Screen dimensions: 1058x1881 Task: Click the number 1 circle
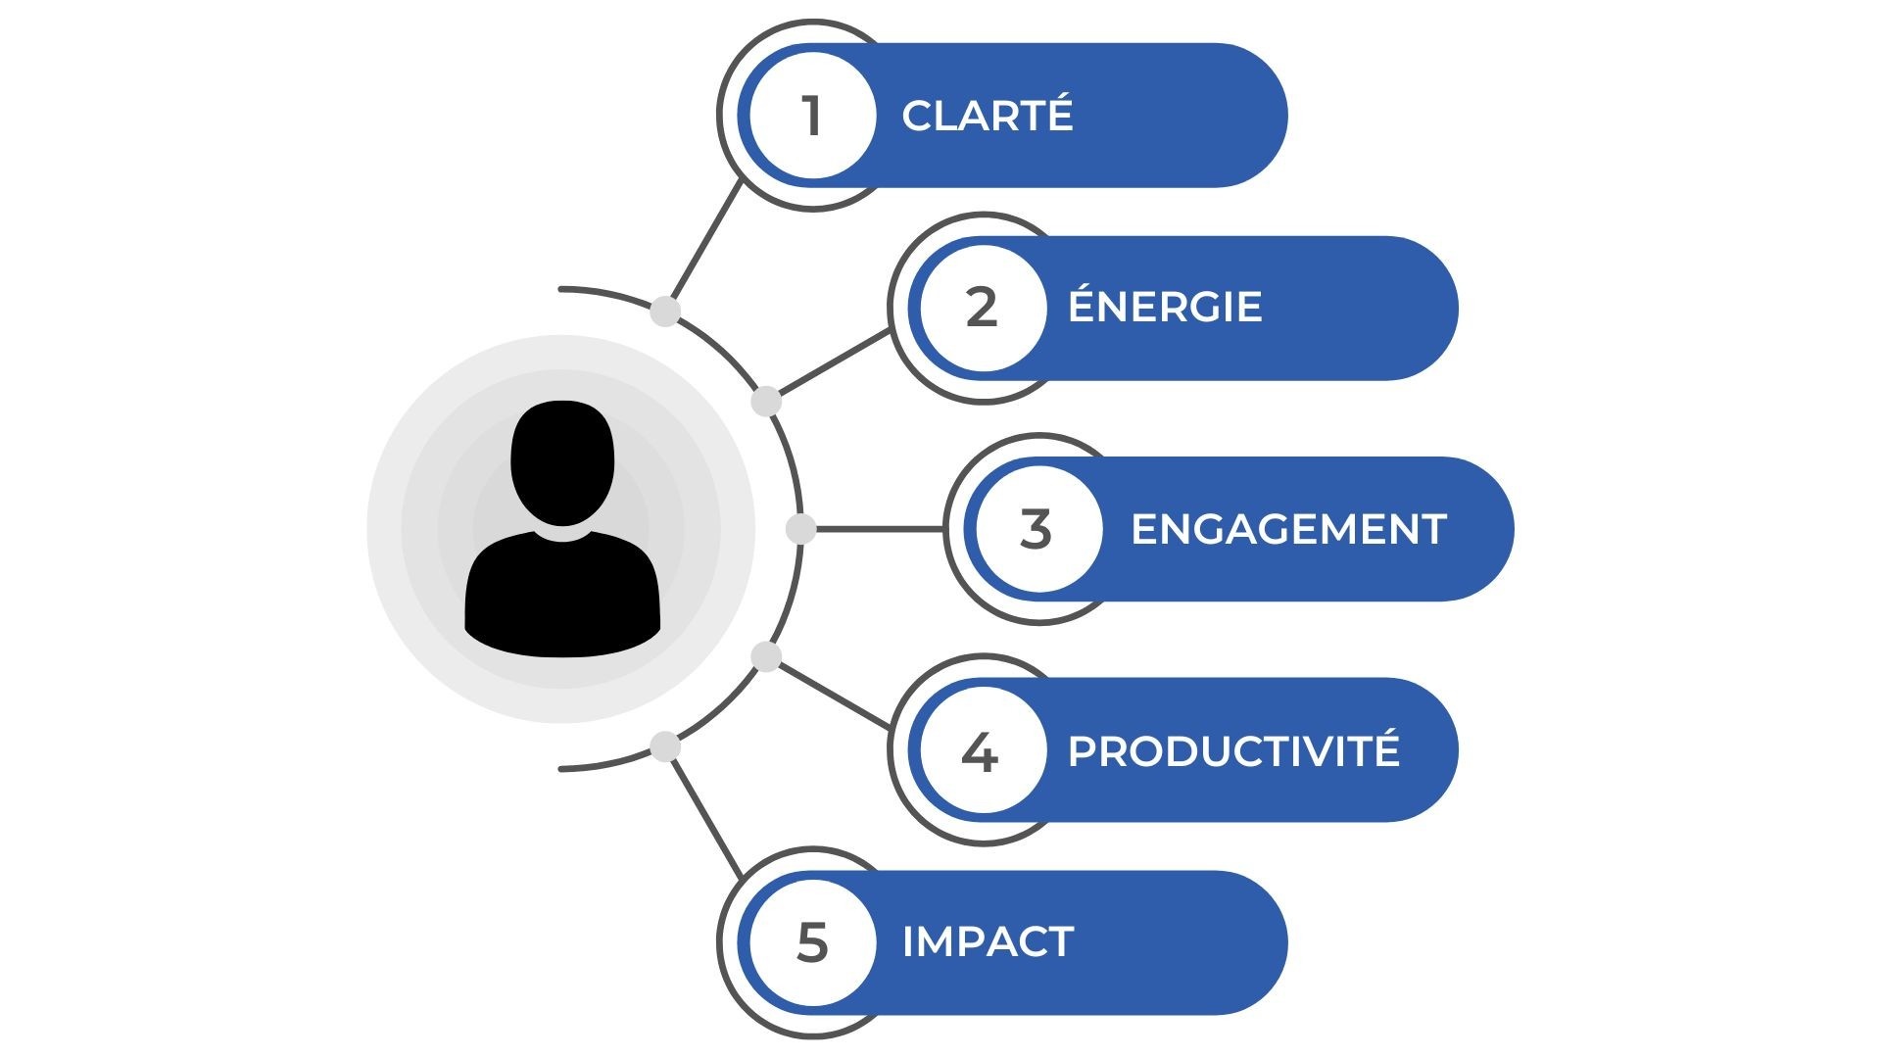point(812,116)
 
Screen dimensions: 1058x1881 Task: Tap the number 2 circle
point(983,308)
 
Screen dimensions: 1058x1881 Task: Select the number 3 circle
point(1037,529)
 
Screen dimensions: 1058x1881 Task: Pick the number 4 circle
point(982,751)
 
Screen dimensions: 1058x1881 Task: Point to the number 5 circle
point(812,942)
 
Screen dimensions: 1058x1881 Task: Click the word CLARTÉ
point(987,116)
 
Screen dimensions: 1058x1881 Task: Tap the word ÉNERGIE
point(1164,307)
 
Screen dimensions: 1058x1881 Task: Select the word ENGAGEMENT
point(1287,529)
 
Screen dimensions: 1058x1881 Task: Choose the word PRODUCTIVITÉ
point(1232,750)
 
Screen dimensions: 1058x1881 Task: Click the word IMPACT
point(988,941)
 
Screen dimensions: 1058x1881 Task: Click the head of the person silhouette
point(562,460)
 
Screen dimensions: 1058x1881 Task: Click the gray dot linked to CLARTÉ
point(665,313)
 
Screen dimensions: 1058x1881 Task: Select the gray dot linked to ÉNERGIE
point(766,402)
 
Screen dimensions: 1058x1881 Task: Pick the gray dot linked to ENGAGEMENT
point(800,529)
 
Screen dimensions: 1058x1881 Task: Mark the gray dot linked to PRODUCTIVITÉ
point(766,656)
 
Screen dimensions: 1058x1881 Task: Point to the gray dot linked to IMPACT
point(665,746)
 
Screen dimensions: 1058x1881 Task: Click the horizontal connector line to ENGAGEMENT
point(877,529)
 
